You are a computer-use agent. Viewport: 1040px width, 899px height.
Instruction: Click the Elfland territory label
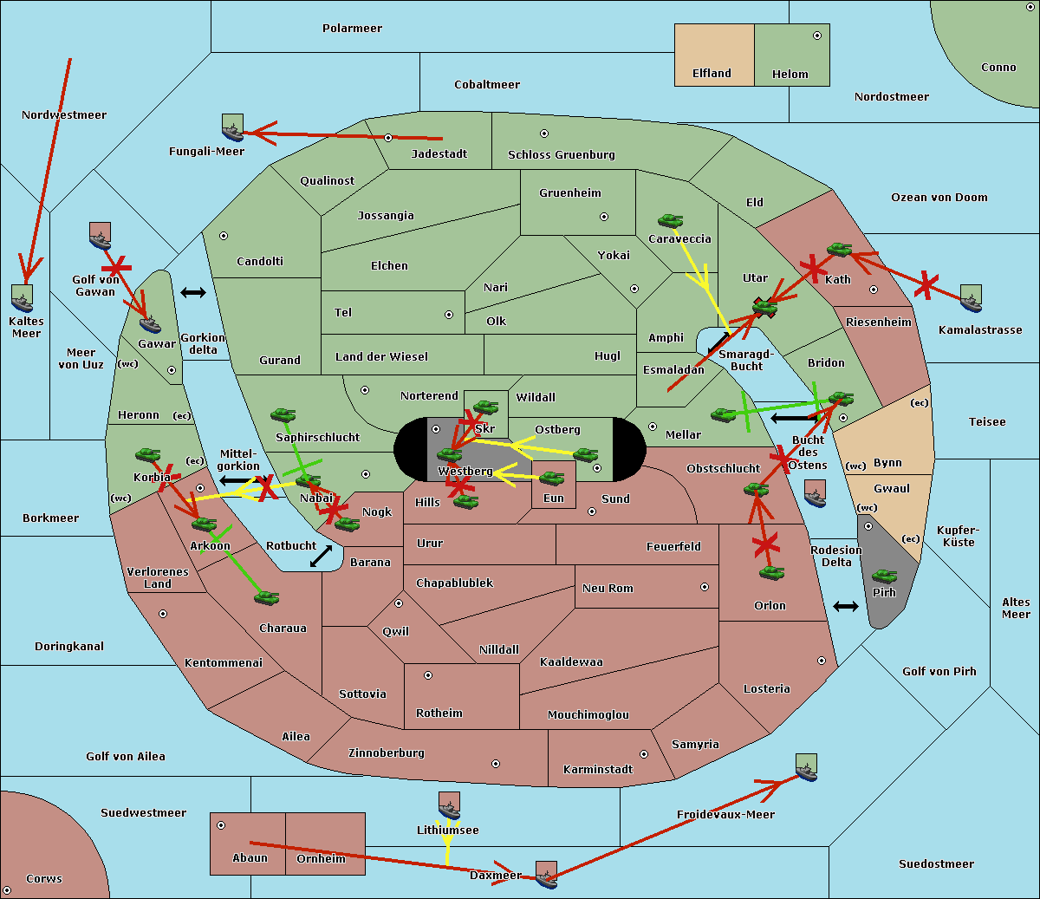(x=712, y=74)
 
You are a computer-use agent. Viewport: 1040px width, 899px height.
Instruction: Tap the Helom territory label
(x=790, y=75)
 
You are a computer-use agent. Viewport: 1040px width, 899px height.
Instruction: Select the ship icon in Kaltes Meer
(x=23, y=298)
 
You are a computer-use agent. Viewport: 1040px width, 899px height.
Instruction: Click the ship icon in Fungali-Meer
(x=232, y=128)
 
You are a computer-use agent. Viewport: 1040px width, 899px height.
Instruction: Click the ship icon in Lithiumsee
(x=449, y=806)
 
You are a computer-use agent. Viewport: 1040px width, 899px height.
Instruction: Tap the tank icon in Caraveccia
(x=670, y=222)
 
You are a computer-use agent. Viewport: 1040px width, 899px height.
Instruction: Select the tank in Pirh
(x=884, y=577)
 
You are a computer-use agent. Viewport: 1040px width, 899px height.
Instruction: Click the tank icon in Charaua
(x=266, y=597)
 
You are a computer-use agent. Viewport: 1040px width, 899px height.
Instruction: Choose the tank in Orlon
(x=770, y=573)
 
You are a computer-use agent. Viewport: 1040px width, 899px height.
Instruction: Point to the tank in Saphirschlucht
(x=283, y=416)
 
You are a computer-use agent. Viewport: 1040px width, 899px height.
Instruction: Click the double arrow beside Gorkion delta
(x=193, y=292)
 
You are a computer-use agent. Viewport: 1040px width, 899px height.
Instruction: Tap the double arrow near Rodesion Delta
(x=846, y=606)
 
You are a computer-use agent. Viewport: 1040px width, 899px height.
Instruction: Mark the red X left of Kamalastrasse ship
(x=926, y=283)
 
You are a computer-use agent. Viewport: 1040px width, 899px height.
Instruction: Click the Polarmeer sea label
(x=352, y=29)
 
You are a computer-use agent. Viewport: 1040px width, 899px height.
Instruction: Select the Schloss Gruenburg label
(x=561, y=155)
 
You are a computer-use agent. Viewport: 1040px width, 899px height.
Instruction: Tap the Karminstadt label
(x=598, y=770)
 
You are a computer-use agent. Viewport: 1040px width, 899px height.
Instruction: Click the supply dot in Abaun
(x=221, y=825)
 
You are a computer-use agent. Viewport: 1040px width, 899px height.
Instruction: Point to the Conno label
(x=998, y=68)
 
